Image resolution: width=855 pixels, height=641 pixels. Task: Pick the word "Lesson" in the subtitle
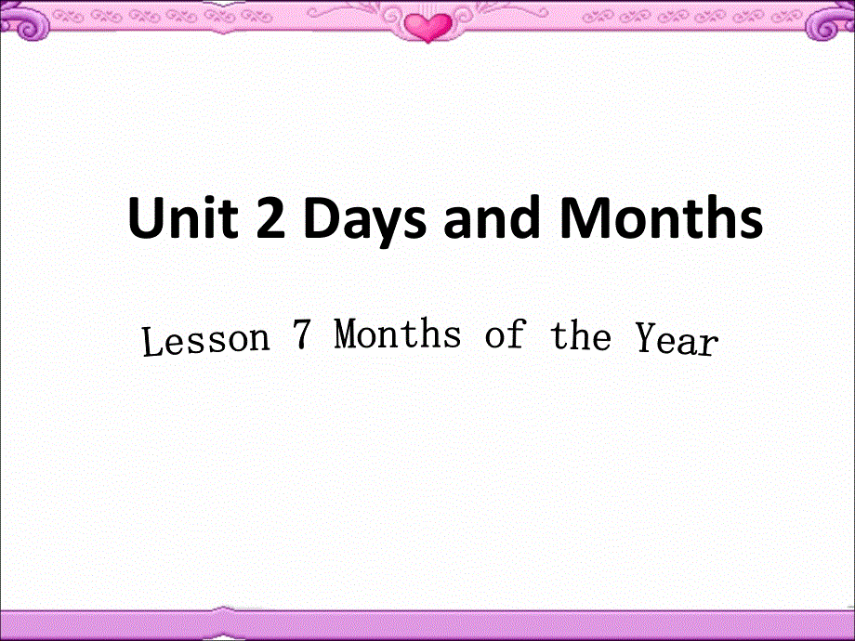205,341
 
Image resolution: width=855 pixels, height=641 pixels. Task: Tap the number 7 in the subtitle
299,335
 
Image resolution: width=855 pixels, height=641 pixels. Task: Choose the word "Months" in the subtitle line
398,334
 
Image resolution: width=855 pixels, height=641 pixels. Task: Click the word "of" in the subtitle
505,335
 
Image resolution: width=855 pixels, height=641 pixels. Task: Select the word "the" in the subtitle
581,337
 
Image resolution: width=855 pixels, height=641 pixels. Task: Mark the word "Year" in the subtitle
677,341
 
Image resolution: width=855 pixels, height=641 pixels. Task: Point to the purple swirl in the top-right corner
833,22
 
